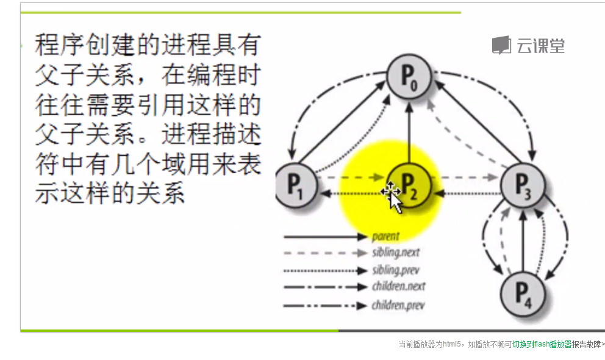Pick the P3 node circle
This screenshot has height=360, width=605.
point(522,185)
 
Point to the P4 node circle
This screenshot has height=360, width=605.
point(523,293)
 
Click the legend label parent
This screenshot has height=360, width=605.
point(385,237)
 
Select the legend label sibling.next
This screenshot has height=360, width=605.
point(396,253)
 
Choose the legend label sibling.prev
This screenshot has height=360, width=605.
point(396,270)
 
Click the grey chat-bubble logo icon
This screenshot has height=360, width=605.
point(501,45)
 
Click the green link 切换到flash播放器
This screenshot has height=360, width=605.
point(542,344)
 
